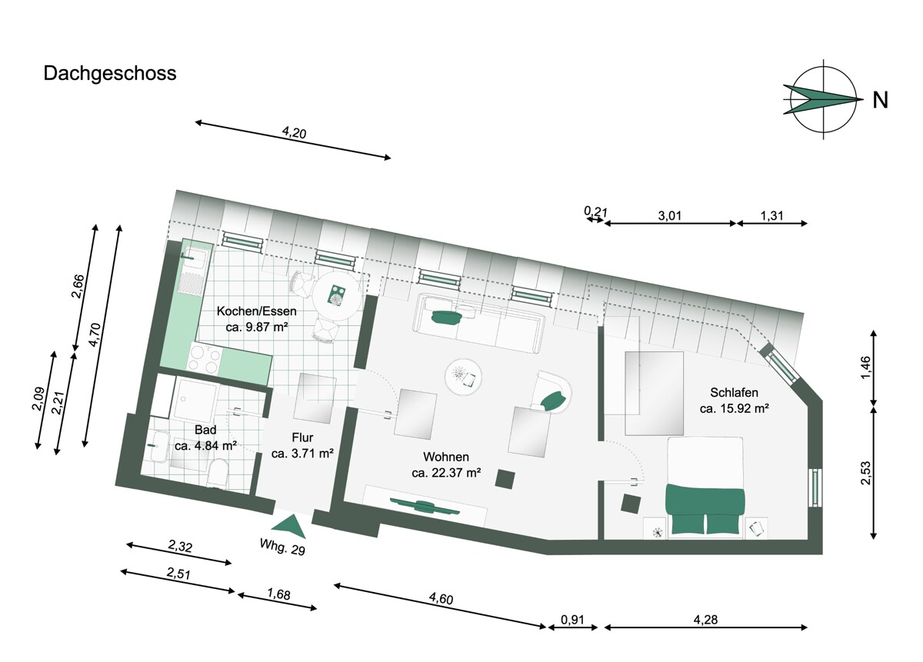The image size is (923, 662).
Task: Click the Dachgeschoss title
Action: click(109, 74)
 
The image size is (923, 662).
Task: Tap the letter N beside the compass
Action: click(880, 100)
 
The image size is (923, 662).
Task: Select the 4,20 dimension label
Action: click(294, 133)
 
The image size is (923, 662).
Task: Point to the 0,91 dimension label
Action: click(572, 619)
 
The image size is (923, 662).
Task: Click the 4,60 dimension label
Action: click(441, 598)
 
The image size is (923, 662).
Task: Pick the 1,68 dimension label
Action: click(278, 594)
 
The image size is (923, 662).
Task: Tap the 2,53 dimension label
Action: click(866, 473)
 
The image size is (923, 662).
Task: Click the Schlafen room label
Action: click(734, 392)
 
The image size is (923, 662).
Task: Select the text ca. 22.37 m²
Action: click(446, 473)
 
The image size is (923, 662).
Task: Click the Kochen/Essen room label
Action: click(256, 311)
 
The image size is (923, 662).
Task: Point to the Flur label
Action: click(302, 437)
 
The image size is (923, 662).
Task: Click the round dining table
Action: click(337, 296)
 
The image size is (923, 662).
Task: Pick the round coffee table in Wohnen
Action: click(463, 377)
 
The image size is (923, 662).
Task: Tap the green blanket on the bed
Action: click(705, 510)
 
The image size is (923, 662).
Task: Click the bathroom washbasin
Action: click(158, 447)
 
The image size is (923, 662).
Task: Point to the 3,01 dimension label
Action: click(670, 215)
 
